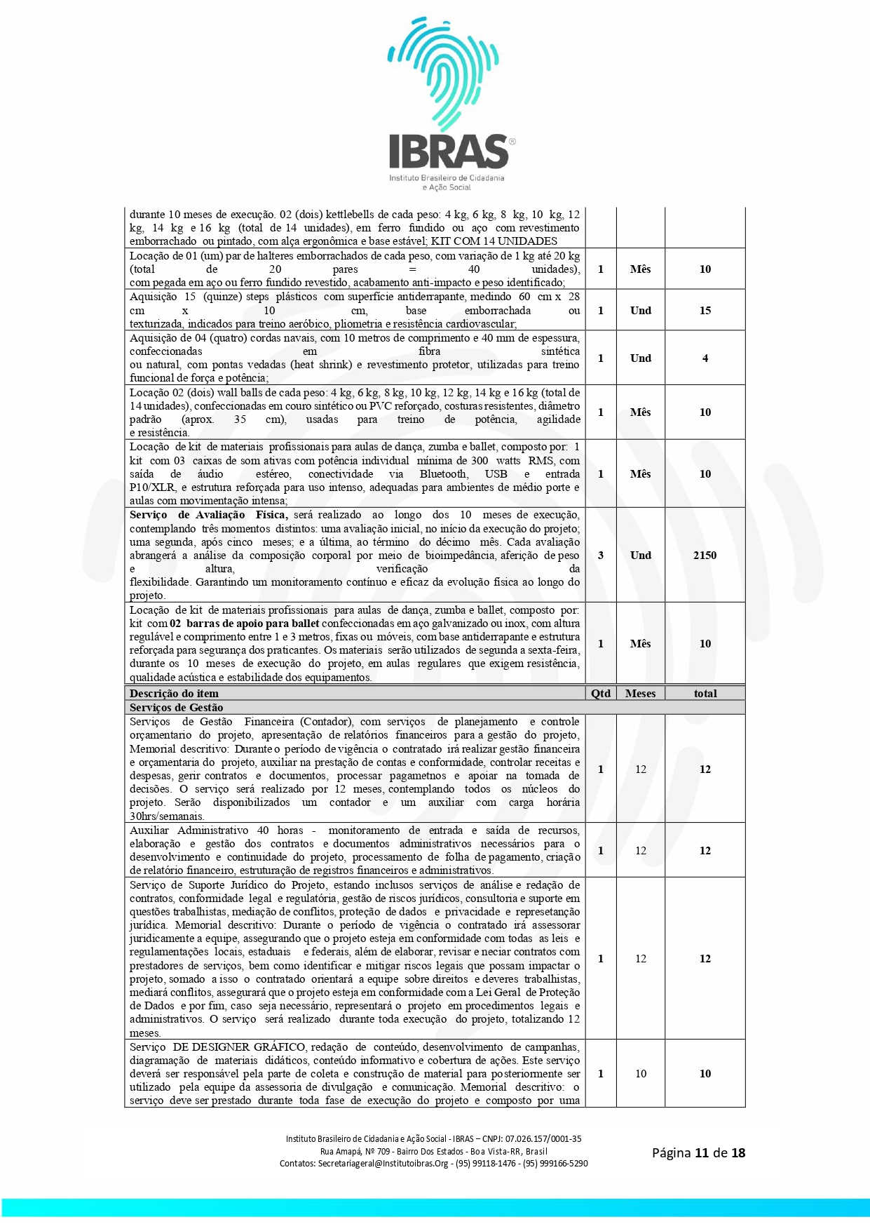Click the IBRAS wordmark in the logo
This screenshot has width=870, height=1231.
tap(449, 152)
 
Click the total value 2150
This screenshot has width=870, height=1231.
tap(705, 556)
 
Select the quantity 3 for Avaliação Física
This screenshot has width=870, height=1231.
tap(601, 556)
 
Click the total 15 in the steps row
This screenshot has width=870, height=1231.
tap(705, 311)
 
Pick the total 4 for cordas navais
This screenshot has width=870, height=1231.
tap(705, 358)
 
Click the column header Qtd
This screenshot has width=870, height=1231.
tap(601, 694)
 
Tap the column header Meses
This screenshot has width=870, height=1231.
tap(640, 694)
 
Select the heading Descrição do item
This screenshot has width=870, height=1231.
tap(174, 694)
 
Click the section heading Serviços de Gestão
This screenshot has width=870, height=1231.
tap(176, 708)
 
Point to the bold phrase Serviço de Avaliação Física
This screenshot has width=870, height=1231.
tap(208, 515)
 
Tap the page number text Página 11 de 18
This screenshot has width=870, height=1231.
tap(698, 1152)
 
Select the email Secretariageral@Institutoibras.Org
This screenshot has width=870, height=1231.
tap(383, 1163)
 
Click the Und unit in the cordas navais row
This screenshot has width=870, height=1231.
tap(640, 358)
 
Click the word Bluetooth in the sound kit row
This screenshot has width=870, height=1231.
tap(444, 474)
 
